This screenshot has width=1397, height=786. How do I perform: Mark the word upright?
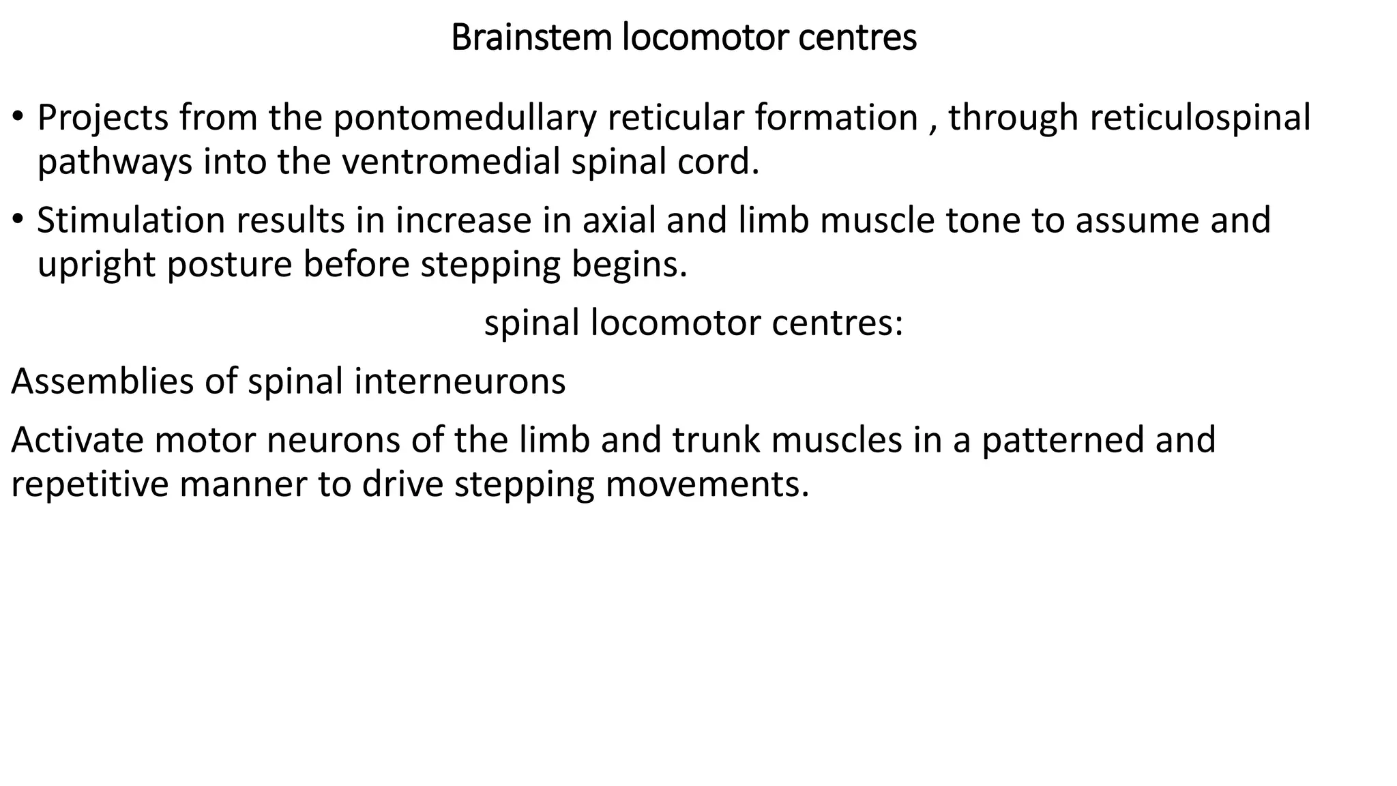(x=96, y=265)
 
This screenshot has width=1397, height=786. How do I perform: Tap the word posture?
(x=230, y=265)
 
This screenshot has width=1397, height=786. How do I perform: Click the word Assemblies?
(x=102, y=381)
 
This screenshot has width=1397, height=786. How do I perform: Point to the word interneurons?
(x=460, y=381)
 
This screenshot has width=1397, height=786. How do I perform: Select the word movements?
(x=706, y=484)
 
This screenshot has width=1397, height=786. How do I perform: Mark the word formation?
(x=836, y=118)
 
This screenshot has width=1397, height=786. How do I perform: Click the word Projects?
(x=102, y=118)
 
